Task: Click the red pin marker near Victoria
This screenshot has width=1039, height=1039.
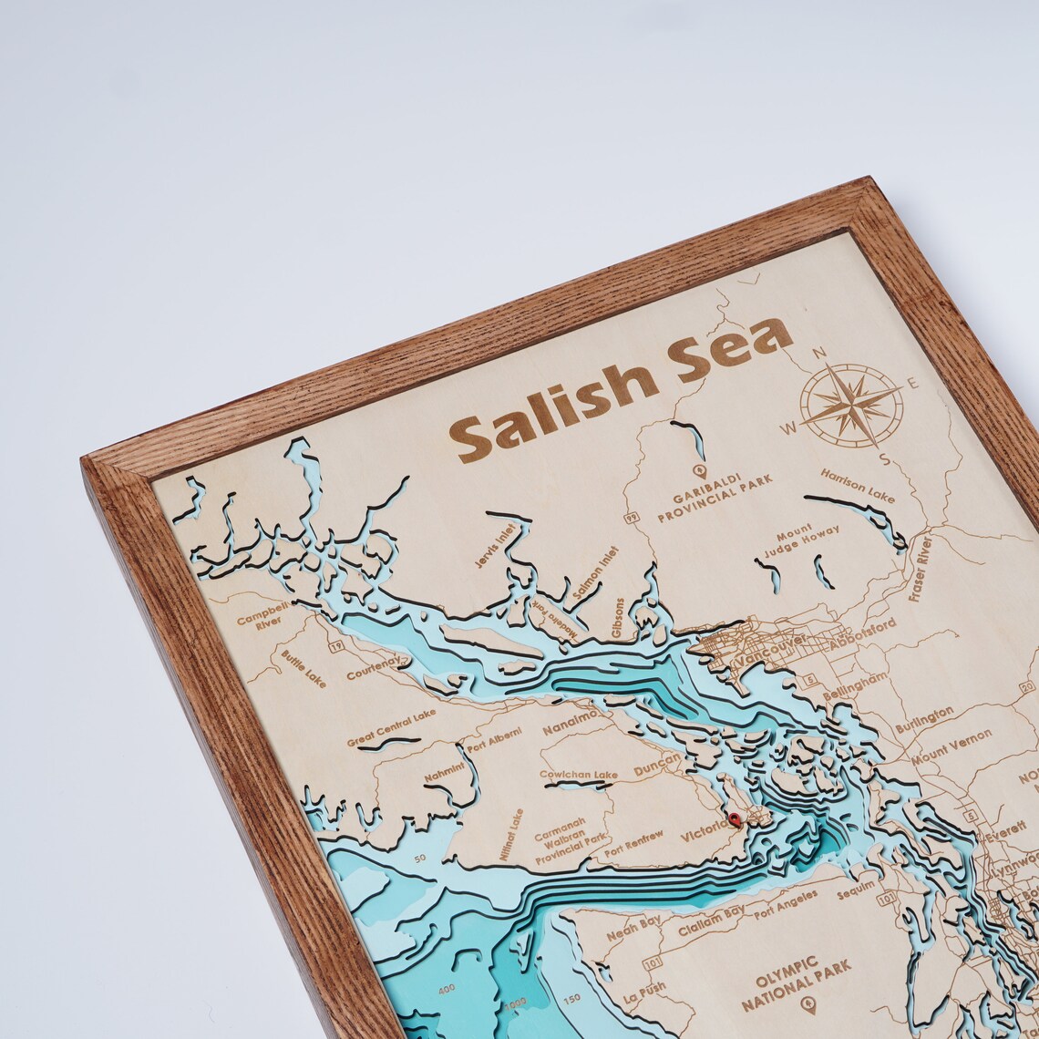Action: (734, 819)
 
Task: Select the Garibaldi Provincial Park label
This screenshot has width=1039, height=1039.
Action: (715, 498)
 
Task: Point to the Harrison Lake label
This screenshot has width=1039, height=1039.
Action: (857, 486)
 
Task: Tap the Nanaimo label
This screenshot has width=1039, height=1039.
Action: (571, 723)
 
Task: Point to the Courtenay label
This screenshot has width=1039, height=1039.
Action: (374, 669)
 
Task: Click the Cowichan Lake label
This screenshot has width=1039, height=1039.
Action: (578, 776)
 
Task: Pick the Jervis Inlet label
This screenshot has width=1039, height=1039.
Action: (495, 546)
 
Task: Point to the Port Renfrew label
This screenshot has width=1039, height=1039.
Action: (633, 843)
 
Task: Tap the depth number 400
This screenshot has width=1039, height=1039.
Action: (447, 989)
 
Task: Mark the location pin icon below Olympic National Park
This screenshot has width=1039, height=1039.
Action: (808, 1005)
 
